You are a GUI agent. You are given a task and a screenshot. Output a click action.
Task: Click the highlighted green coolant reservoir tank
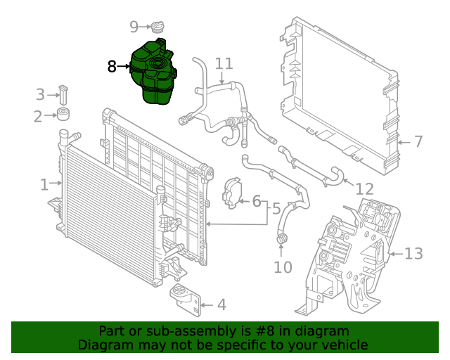153,73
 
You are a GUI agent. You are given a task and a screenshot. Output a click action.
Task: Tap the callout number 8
112,67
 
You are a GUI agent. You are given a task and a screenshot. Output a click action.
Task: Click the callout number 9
134,27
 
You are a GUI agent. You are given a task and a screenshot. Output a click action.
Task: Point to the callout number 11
224,64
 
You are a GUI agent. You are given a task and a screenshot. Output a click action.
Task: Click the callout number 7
418,142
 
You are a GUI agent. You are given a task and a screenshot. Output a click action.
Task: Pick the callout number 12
365,189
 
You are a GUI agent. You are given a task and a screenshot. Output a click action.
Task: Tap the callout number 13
414,253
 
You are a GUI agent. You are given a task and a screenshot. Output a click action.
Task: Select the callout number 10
282,267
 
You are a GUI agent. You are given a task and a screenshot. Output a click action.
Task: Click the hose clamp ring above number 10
283,241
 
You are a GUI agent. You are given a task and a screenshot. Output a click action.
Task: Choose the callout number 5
276,209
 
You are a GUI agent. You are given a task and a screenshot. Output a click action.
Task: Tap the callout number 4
221,305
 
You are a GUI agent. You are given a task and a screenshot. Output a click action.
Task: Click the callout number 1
44,185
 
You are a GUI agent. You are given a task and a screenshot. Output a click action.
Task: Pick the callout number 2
38,117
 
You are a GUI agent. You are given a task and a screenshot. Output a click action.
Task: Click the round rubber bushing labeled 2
64,115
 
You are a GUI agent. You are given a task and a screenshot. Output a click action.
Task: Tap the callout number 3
40,94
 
